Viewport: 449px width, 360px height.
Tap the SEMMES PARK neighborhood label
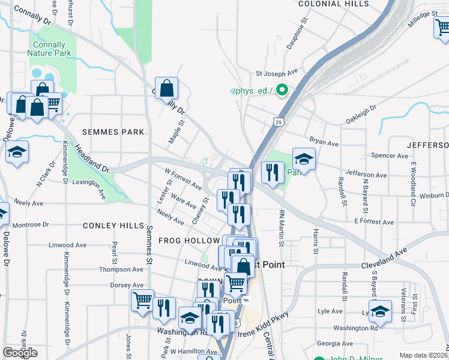point(113,132)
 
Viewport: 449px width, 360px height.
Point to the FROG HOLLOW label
point(189,241)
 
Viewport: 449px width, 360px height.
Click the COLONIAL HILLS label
point(334,4)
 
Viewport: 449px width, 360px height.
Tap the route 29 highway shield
point(279,122)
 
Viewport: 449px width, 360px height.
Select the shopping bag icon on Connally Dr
point(167,88)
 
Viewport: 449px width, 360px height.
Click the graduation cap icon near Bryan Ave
point(304,160)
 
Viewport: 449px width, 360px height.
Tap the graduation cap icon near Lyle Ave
point(380,311)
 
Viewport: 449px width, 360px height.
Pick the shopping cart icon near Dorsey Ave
point(142,299)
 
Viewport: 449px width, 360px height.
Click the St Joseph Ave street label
point(277,74)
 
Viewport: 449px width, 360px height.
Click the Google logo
point(20,353)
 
